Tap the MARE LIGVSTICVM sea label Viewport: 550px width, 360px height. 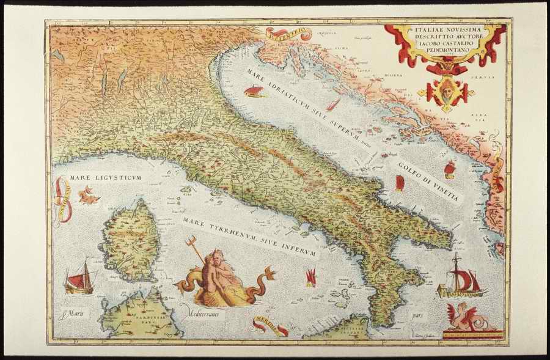[x=105, y=178]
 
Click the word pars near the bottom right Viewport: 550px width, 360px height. [x=418, y=317]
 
